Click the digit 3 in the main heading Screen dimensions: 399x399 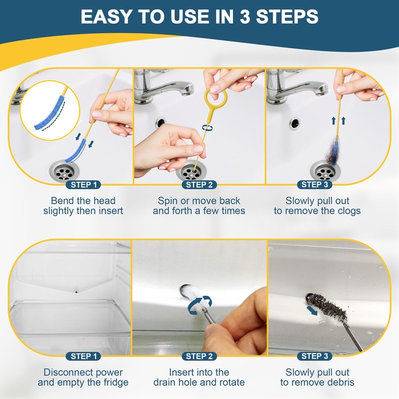[245, 17]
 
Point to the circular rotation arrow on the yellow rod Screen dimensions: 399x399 [207, 127]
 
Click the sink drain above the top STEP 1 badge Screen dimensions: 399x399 [64, 171]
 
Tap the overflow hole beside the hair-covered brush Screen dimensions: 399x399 [295, 123]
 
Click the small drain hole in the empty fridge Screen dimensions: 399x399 [76, 292]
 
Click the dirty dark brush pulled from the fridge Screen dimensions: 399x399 [327, 307]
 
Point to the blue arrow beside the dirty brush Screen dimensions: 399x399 [312, 310]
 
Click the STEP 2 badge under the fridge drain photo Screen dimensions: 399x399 [199, 356]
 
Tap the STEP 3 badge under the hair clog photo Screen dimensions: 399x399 [315, 185]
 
